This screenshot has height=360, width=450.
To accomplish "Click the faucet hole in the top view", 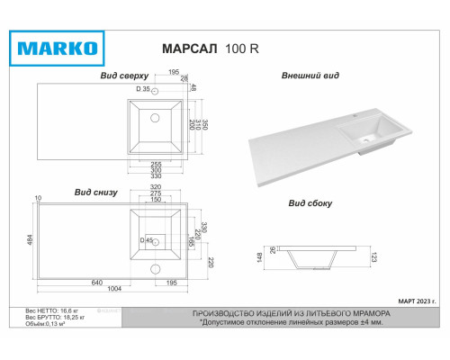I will pyautogui.click(x=155, y=92).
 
